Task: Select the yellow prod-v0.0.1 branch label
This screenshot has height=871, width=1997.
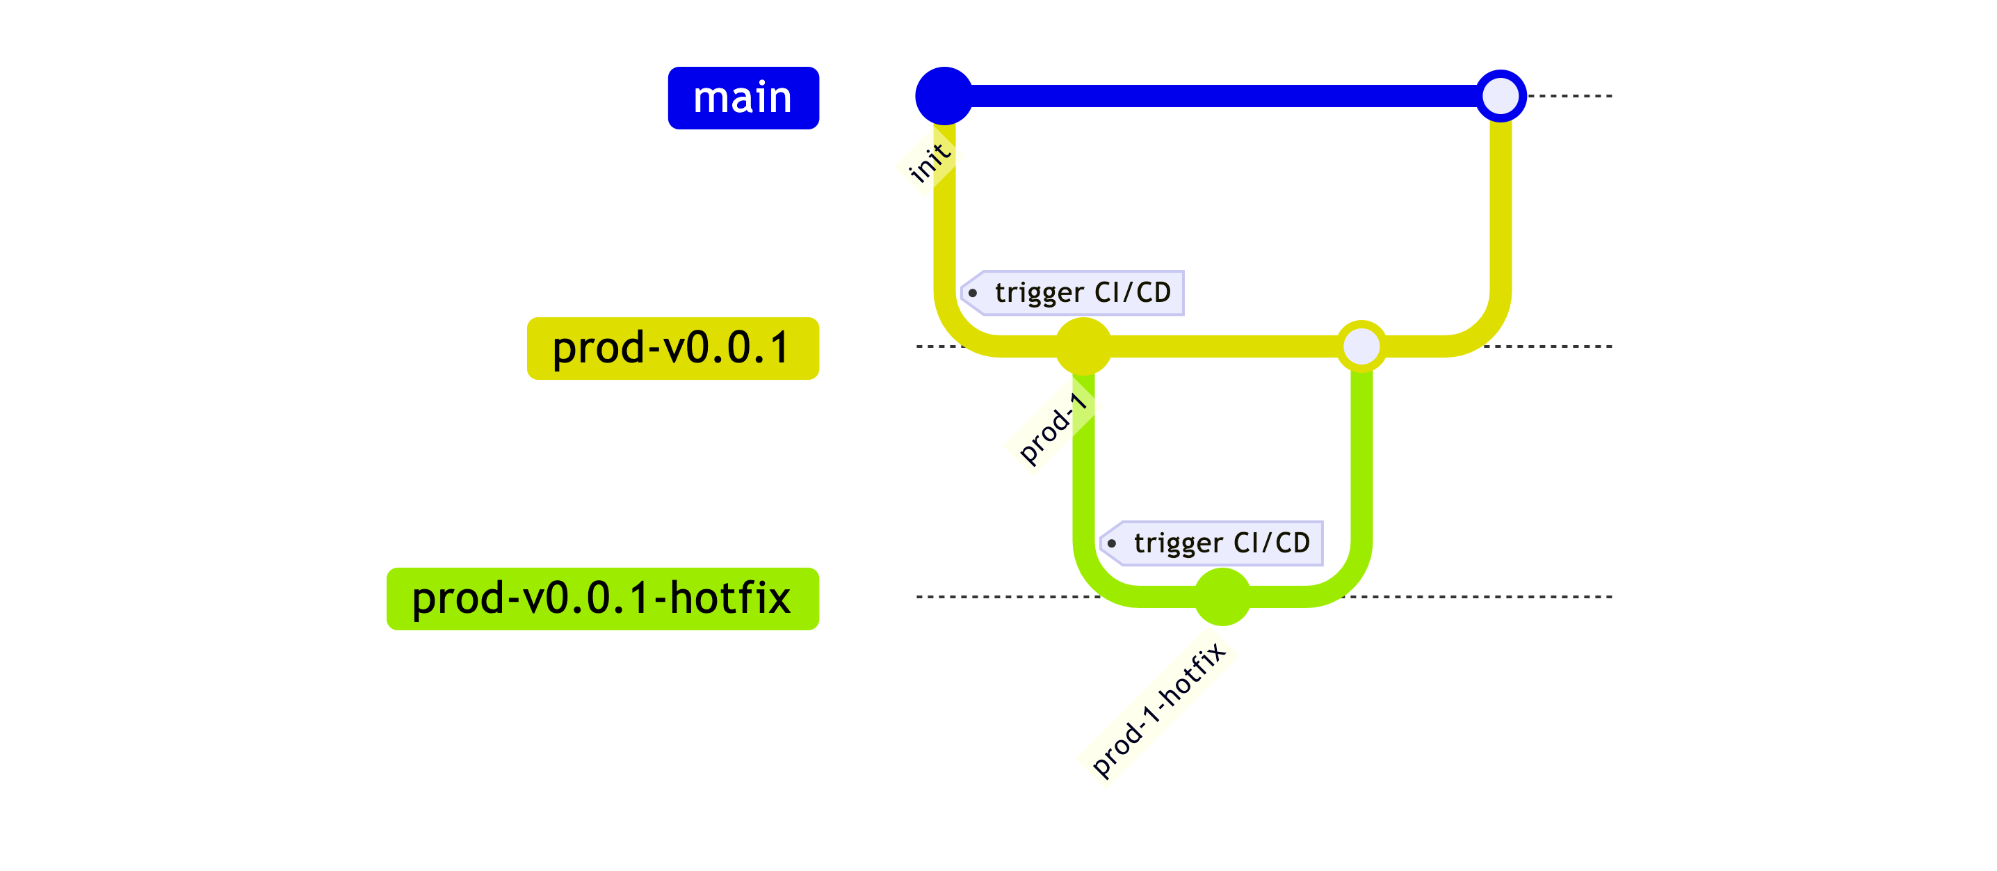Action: point(672,349)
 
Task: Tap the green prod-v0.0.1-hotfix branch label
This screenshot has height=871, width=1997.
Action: point(602,599)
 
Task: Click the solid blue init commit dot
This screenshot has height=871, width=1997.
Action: point(944,96)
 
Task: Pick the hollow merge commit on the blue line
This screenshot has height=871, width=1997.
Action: point(1500,96)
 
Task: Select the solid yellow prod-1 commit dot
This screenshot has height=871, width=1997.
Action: point(1083,346)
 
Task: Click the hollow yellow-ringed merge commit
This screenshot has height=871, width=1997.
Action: point(1361,346)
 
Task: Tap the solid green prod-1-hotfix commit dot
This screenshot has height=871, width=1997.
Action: point(1222,596)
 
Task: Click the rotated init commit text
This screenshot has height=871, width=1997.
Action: point(929,162)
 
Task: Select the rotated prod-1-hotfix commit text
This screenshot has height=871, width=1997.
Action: point(1158,709)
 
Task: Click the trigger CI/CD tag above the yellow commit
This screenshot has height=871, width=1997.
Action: point(1081,292)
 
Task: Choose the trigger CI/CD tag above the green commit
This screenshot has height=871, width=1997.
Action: point(1220,543)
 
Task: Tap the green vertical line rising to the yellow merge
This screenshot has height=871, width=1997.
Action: point(1361,458)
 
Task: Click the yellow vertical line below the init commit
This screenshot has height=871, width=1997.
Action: point(944,232)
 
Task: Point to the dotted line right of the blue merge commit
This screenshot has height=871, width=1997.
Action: point(1570,96)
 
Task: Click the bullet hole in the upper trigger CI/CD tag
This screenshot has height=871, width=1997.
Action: point(972,293)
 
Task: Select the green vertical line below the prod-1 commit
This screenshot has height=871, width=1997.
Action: point(1084,481)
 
